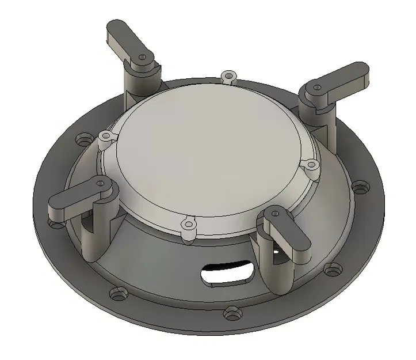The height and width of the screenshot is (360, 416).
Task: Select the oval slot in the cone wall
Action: pos(228,272)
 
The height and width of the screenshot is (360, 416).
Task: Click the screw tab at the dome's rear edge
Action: pos(229,75)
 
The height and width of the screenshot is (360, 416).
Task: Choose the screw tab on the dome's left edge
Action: pos(104,137)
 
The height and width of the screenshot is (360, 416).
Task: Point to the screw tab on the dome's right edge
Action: pos(311,165)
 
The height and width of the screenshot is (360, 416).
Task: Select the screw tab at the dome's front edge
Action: pos(188,223)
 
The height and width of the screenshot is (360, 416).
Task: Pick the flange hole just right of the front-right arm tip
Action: pos(331,268)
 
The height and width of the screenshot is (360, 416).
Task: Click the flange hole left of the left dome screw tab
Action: pos(81,138)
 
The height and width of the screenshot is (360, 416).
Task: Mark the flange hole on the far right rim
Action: pos(360,187)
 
